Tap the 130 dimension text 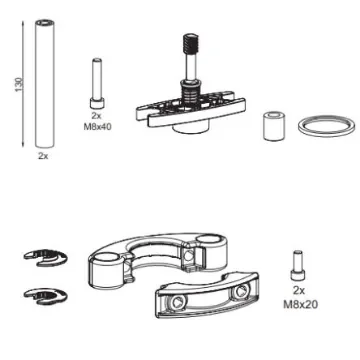click(13, 91)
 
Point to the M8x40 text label click(97, 128)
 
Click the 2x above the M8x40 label click(97, 117)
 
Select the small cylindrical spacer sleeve click(272, 126)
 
